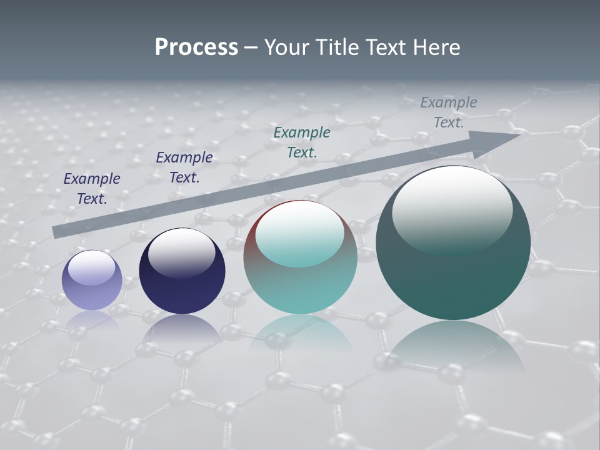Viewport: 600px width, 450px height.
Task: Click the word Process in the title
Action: [x=196, y=47]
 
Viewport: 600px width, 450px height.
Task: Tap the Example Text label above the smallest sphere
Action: [x=92, y=188]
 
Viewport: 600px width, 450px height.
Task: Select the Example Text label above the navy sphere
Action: [x=184, y=167]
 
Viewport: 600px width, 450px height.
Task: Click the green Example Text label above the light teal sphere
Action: [x=302, y=142]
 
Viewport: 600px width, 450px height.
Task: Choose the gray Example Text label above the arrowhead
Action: [x=449, y=112]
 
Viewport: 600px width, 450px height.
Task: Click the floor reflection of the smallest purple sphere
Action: [x=92, y=320]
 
